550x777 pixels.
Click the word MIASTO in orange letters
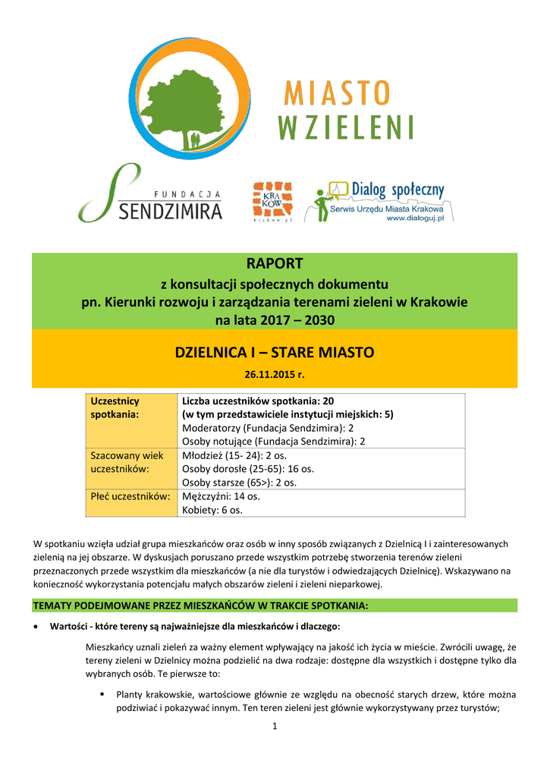tap(337, 94)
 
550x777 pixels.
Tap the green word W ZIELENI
tap(346, 127)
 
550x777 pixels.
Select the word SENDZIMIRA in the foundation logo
tap(171, 210)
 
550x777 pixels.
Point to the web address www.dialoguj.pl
tap(419, 218)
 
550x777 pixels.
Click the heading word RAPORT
tap(275, 263)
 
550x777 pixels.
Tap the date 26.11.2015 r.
tap(275, 375)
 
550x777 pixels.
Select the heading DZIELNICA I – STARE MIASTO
tap(275, 353)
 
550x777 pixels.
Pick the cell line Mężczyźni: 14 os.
tap(221, 496)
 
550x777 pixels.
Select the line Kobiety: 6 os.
tap(212, 511)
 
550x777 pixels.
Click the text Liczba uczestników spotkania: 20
tap(258, 400)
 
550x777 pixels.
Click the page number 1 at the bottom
tap(275, 729)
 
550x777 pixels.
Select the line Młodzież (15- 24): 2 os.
tap(234, 455)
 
